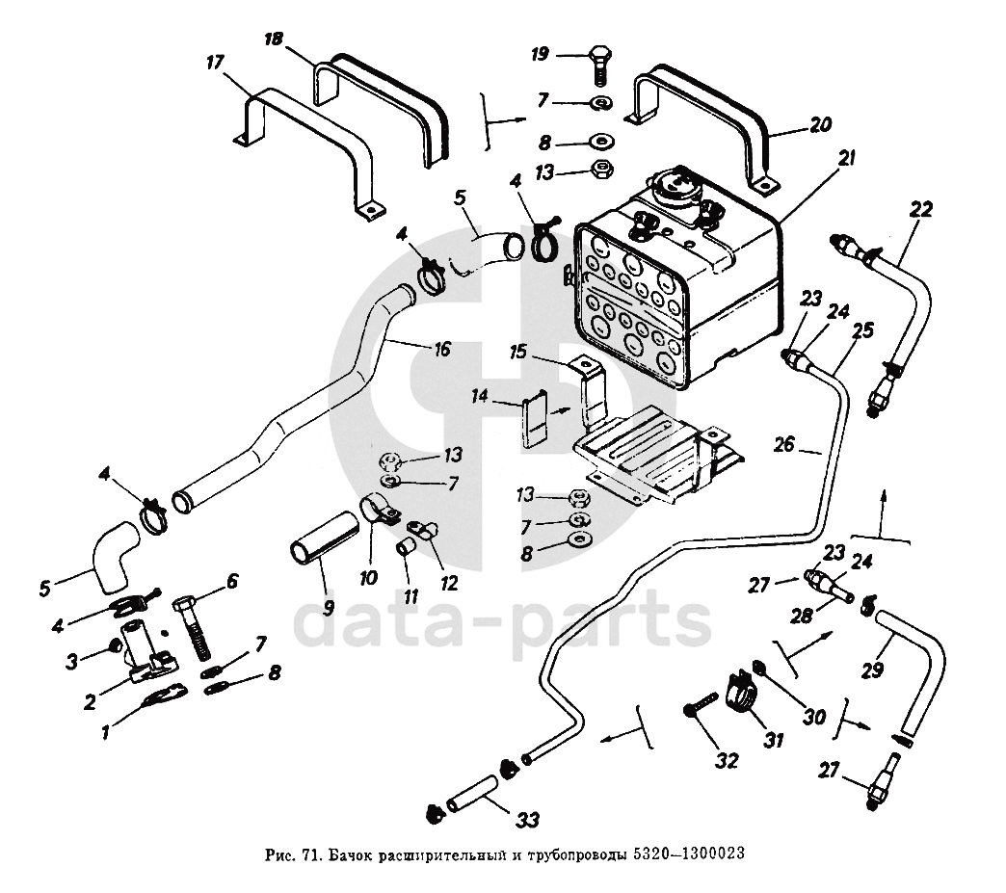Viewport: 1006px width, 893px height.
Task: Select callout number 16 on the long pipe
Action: click(x=441, y=350)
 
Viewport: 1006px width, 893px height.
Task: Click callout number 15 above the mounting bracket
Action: click(x=519, y=354)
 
